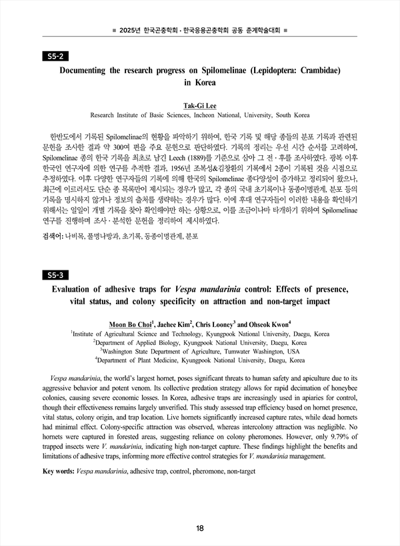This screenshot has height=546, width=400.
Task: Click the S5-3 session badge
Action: click(x=51, y=275)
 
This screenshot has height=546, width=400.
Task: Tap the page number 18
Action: click(x=200, y=529)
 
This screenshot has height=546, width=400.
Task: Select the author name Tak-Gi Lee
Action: click(x=200, y=105)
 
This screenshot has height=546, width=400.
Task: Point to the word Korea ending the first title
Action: click(x=204, y=83)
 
